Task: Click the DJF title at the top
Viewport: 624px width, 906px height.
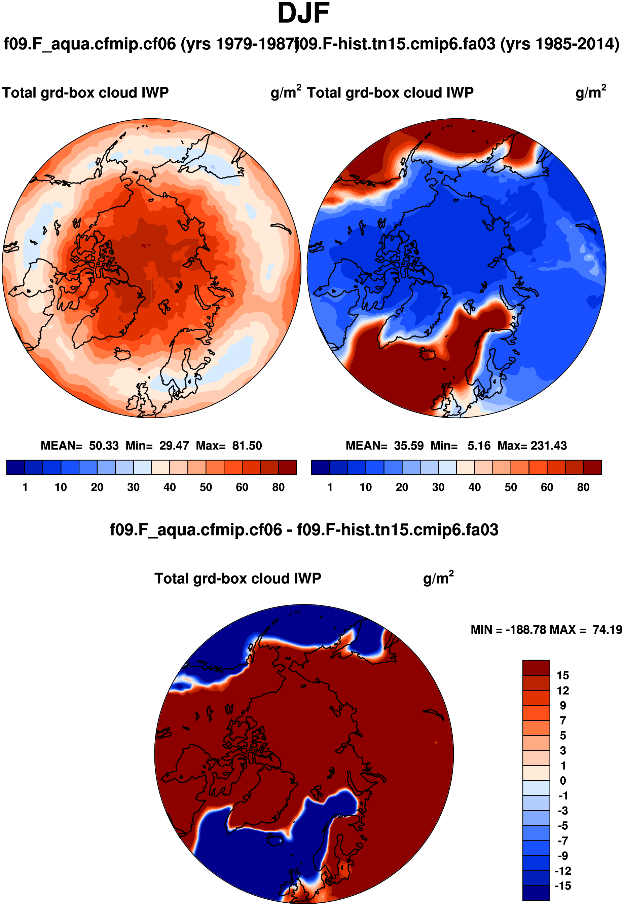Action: (303, 14)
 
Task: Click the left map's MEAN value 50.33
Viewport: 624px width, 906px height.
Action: (104, 445)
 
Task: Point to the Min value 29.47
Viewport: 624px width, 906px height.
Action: (174, 445)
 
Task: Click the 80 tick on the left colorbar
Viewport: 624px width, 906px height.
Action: (279, 487)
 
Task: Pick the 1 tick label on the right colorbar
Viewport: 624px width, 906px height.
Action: (330, 487)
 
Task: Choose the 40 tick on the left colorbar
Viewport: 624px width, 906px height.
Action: (170, 487)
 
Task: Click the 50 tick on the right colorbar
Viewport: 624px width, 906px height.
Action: (511, 487)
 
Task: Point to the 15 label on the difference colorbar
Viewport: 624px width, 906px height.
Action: (563, 675)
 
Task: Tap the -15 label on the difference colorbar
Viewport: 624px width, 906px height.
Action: (563, 886)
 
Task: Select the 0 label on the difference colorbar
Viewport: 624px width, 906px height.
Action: (563, 781)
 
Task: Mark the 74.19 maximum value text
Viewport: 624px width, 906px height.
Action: (607, 630)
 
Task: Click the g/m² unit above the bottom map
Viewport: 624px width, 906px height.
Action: (438, 578)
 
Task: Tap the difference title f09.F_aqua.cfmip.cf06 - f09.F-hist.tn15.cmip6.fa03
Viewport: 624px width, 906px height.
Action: (304, 530)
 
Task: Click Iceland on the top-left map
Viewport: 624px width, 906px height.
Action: (122, 354)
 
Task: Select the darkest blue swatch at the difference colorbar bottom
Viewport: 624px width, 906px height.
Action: (536, 894)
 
